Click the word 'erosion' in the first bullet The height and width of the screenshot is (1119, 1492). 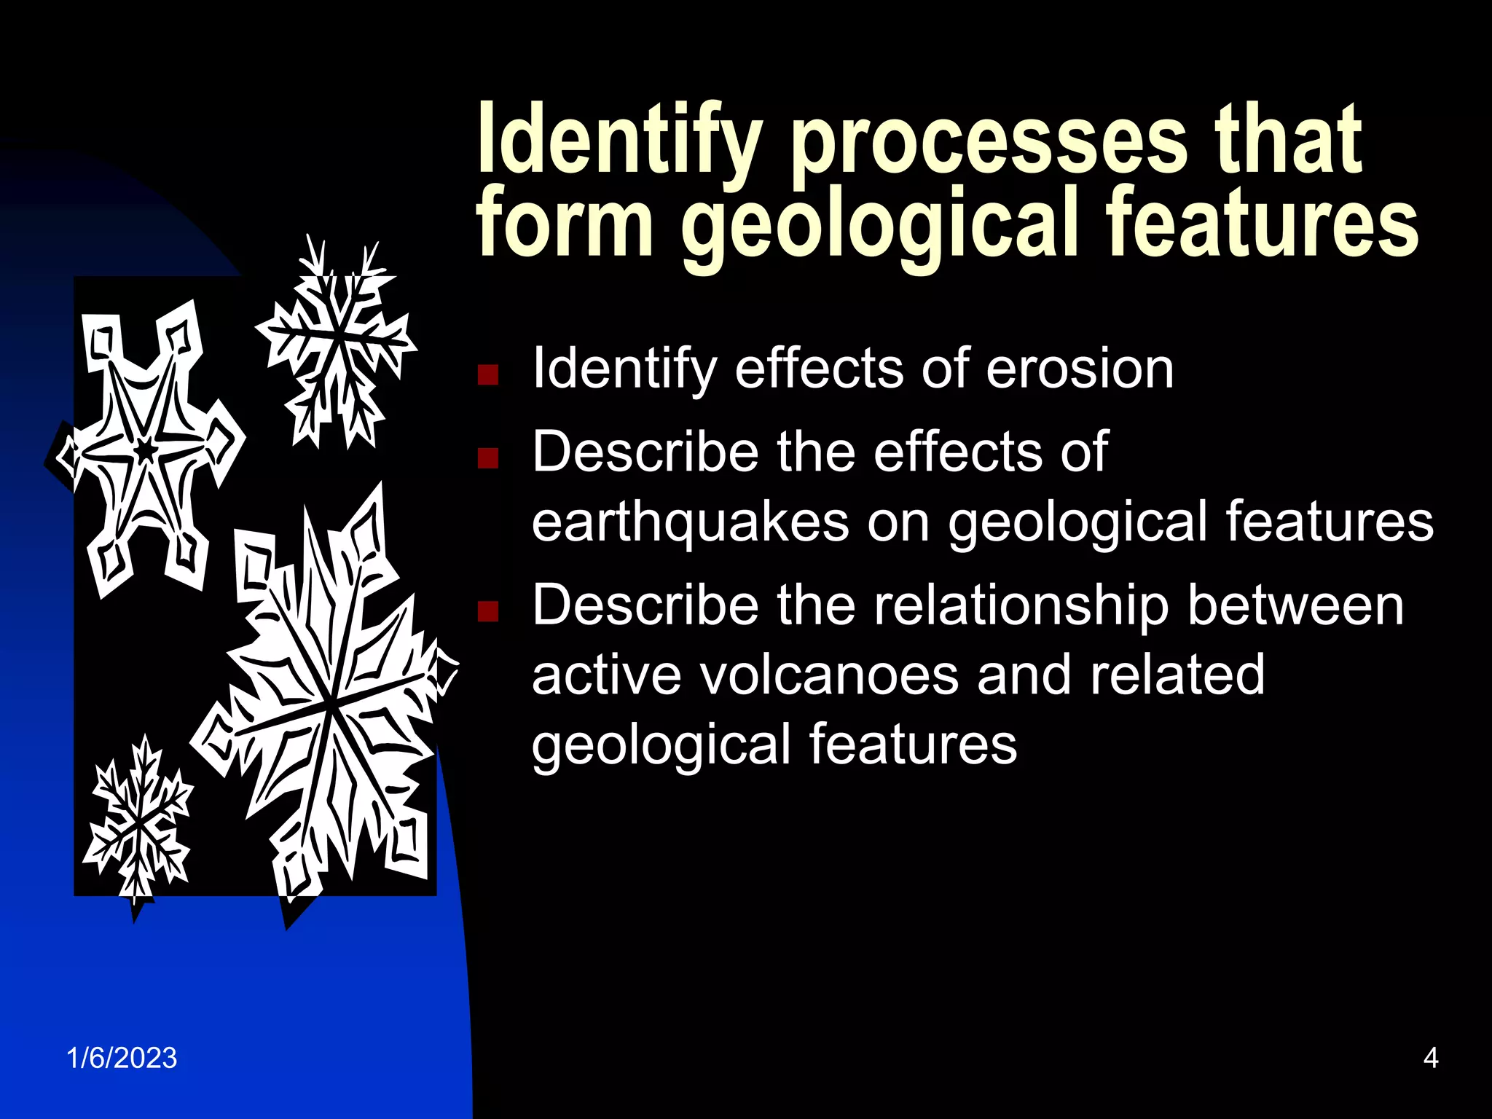1080,369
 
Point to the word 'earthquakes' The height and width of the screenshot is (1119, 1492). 691,522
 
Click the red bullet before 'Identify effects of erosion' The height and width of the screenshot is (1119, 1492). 487,374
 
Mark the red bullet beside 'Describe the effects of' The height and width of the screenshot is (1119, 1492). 487,458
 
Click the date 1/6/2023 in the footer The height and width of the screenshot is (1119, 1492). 122,1058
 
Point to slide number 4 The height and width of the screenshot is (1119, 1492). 1431,1058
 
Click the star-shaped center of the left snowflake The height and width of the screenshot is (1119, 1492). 146,450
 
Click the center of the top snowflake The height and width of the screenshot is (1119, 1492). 338,337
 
